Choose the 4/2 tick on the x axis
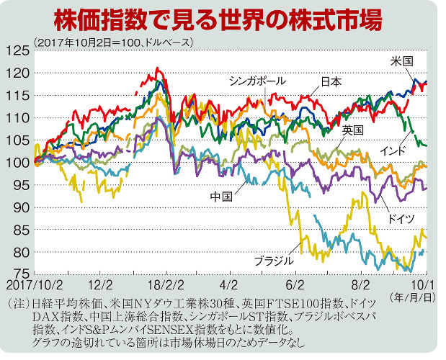coord(230,284)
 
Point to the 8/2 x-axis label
coord(362,284)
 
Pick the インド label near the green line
coord(392,149)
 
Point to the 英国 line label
coord(352,130)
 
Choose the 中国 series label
coord(221,195)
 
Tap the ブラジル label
coord(274,260)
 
